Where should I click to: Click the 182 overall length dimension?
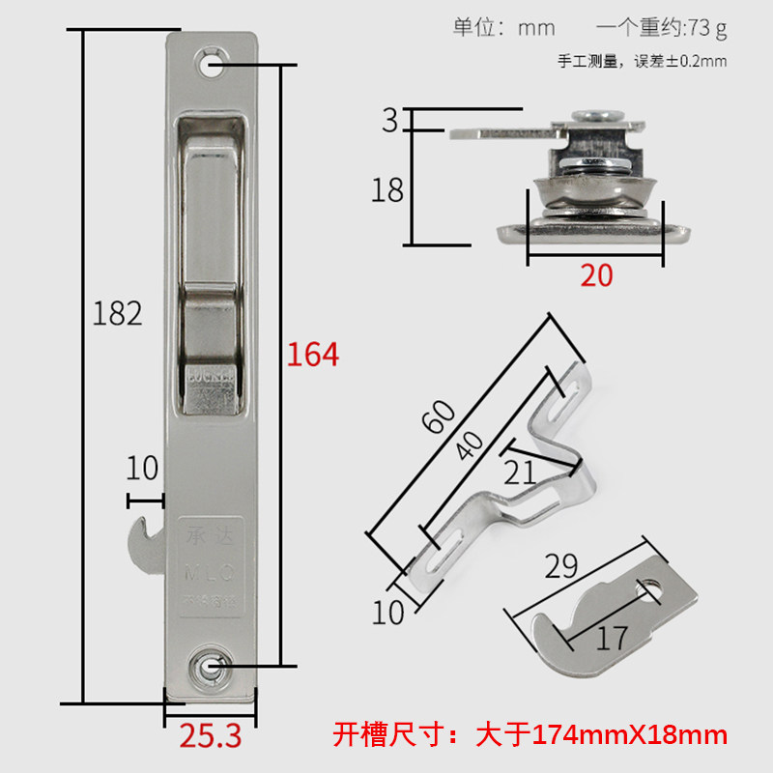click(118, 313)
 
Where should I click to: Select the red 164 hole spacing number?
click(312, 355)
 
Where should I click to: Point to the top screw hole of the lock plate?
click(211, 67)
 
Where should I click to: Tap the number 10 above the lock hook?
click(141, 469)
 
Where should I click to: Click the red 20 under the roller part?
click(596, 275)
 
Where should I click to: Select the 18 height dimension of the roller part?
click(387, 190)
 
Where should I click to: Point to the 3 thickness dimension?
click(389, 121)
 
